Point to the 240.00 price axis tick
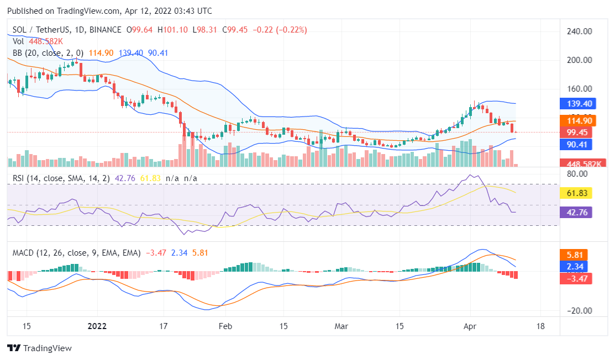click(x=579, y=31)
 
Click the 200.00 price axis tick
click(x=579, y=60)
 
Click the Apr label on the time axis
click(x=470, y=326)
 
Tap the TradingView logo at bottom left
click(x=39, y=348)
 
